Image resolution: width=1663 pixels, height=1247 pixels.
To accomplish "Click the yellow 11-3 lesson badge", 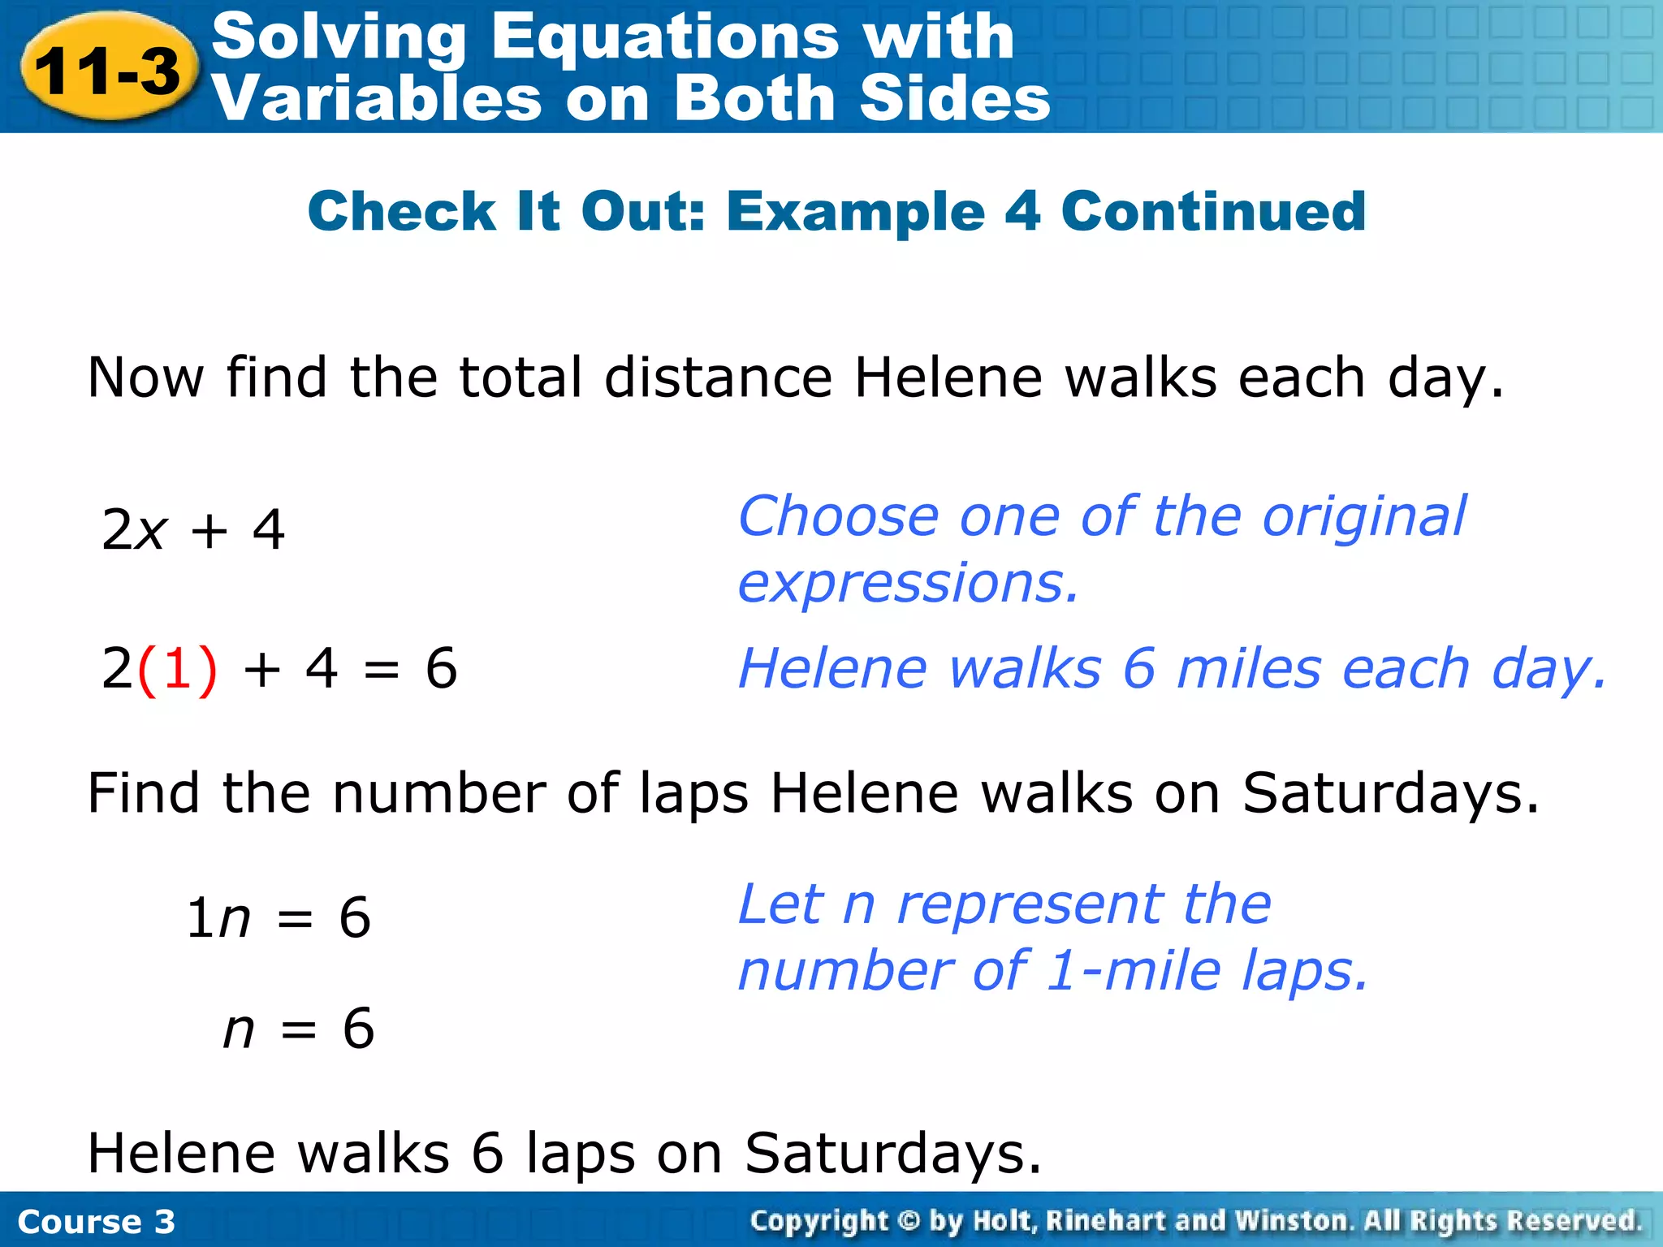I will point(108,69).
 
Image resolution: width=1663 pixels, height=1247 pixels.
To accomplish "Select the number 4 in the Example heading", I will point(1022,211).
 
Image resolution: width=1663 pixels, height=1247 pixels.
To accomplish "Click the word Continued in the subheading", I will point(1213,211).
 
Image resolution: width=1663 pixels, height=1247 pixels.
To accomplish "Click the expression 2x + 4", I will point(193,530).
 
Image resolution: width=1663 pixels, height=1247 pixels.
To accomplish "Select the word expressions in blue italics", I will point(908,584).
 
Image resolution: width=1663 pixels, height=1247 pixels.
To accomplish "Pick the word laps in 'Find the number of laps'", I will point(694,793).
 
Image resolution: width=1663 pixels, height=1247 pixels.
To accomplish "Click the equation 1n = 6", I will point(279,918).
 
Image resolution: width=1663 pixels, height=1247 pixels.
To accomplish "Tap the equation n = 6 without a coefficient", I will point(298,1029).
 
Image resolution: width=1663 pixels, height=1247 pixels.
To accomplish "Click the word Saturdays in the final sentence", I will point(892,1153).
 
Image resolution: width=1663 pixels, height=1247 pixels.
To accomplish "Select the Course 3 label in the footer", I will point(96,1222).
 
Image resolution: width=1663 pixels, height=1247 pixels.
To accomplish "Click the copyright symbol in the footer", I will point(909,1220).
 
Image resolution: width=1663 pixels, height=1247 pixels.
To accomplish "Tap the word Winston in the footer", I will point(1293,1220).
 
